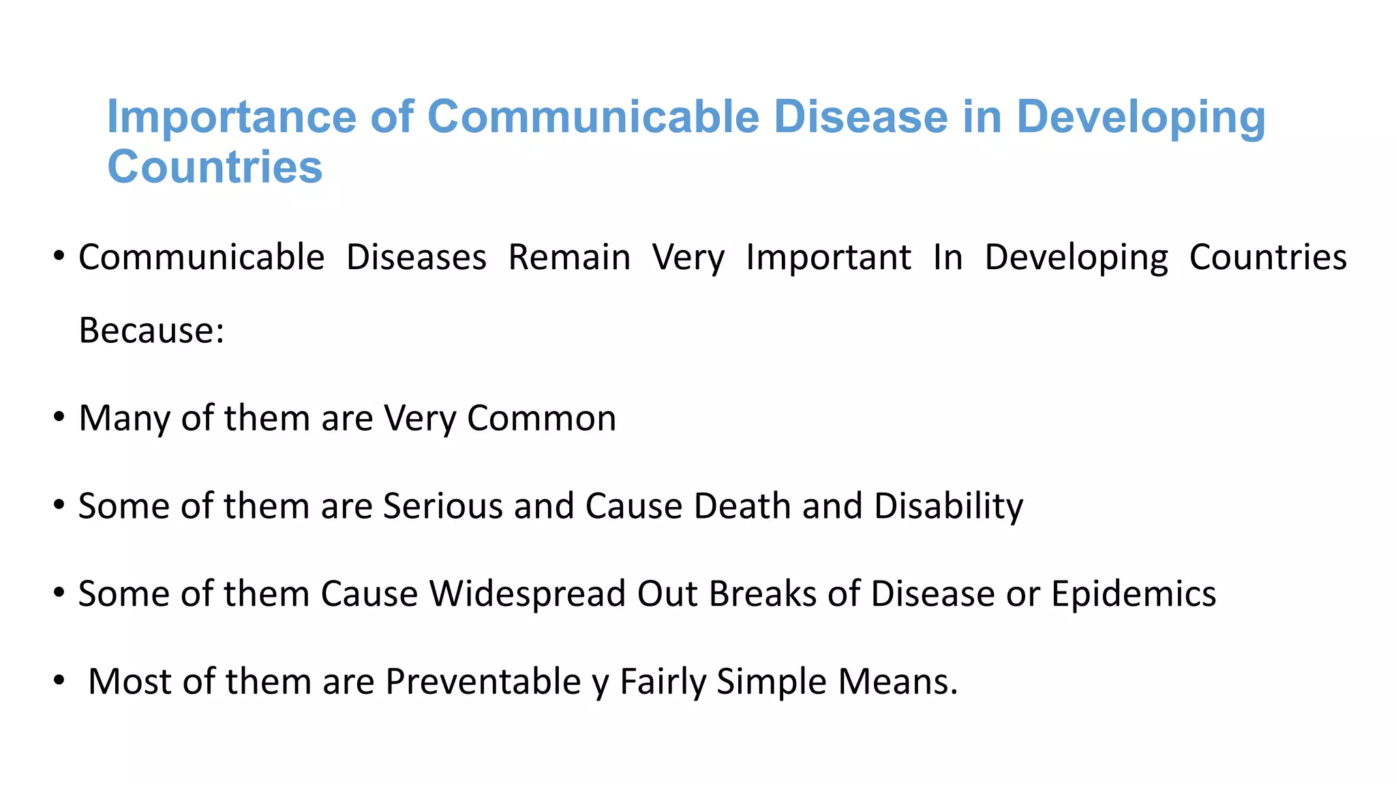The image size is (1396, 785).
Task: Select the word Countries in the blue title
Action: [x=215, y=167]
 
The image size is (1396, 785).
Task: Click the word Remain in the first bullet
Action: [x=569, y=258]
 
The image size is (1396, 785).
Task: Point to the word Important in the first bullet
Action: [x=828, y=258]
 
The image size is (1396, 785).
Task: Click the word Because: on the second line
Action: [x=151, y=330]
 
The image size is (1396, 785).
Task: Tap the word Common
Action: [x=541, y=418]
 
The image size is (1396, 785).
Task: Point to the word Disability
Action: [x=948, y=506]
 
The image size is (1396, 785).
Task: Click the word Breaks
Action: [x=762, y=594]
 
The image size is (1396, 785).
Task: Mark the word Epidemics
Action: [x=1133, y=594]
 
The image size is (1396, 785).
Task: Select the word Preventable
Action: [x=483, y=681]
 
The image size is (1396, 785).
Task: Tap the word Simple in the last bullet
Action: [x=771, y=681]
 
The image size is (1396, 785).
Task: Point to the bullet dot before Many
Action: [x=59, y=417]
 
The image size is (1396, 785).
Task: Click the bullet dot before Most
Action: [x=59, y=680]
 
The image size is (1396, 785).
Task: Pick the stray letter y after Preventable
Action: [x=600, y=684]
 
